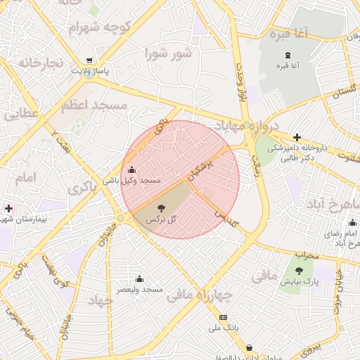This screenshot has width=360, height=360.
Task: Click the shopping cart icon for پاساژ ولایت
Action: (89, 60)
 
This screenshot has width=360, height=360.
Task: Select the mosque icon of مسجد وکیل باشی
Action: (132, 169)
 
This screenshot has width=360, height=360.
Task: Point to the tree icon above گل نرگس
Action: (162, 208)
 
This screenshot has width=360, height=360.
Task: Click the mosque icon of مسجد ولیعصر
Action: (139, 278)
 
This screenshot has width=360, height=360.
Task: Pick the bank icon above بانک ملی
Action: (224, 317)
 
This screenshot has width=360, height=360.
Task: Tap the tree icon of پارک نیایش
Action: (301, 271)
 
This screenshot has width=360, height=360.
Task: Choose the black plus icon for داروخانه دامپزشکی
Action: (297, 137)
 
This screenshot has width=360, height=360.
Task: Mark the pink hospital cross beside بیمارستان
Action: (8, 208)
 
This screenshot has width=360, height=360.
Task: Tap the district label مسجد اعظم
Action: (94, 105)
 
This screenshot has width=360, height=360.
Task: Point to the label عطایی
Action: (21, 112)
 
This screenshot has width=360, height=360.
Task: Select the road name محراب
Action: (307, 254)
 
